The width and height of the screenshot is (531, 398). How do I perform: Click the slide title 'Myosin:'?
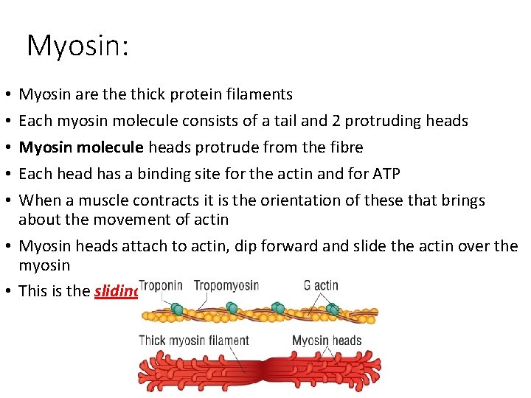coord(77,46)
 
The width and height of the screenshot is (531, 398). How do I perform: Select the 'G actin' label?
coord(321,285)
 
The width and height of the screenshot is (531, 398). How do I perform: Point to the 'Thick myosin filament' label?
coord(194,341)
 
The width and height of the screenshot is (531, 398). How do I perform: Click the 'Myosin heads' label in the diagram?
coord(327,341)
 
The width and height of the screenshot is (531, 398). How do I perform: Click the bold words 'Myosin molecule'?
coord(81,147)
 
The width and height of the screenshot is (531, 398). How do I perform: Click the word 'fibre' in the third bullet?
coord(346,147)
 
